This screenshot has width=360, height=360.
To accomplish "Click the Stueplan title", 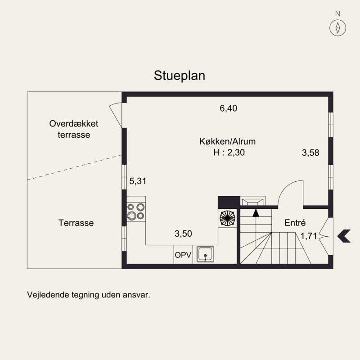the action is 179,76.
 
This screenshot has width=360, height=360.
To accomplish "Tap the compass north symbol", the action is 337,28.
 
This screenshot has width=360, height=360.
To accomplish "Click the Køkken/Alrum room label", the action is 227,141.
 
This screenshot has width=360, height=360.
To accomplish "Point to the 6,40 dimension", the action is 228,108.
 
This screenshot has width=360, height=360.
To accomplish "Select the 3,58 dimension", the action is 310,153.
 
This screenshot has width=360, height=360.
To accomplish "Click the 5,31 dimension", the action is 138,181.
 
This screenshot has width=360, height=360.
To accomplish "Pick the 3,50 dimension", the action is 183,234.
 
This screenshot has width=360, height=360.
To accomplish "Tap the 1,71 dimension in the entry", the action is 309,236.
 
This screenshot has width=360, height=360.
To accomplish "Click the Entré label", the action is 295,222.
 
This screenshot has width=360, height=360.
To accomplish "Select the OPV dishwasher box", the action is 183,254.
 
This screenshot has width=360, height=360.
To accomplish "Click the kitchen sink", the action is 205,254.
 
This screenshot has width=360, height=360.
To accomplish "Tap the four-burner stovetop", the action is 136,211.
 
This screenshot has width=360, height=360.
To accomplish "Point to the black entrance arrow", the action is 344,236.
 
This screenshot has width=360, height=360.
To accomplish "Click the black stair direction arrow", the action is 256,213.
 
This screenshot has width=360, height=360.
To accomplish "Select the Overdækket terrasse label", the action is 74,129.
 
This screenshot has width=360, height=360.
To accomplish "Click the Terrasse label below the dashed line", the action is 76,223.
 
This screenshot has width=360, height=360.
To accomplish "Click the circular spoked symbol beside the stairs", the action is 227,218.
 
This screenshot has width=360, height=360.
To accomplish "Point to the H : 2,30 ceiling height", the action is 229,153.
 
